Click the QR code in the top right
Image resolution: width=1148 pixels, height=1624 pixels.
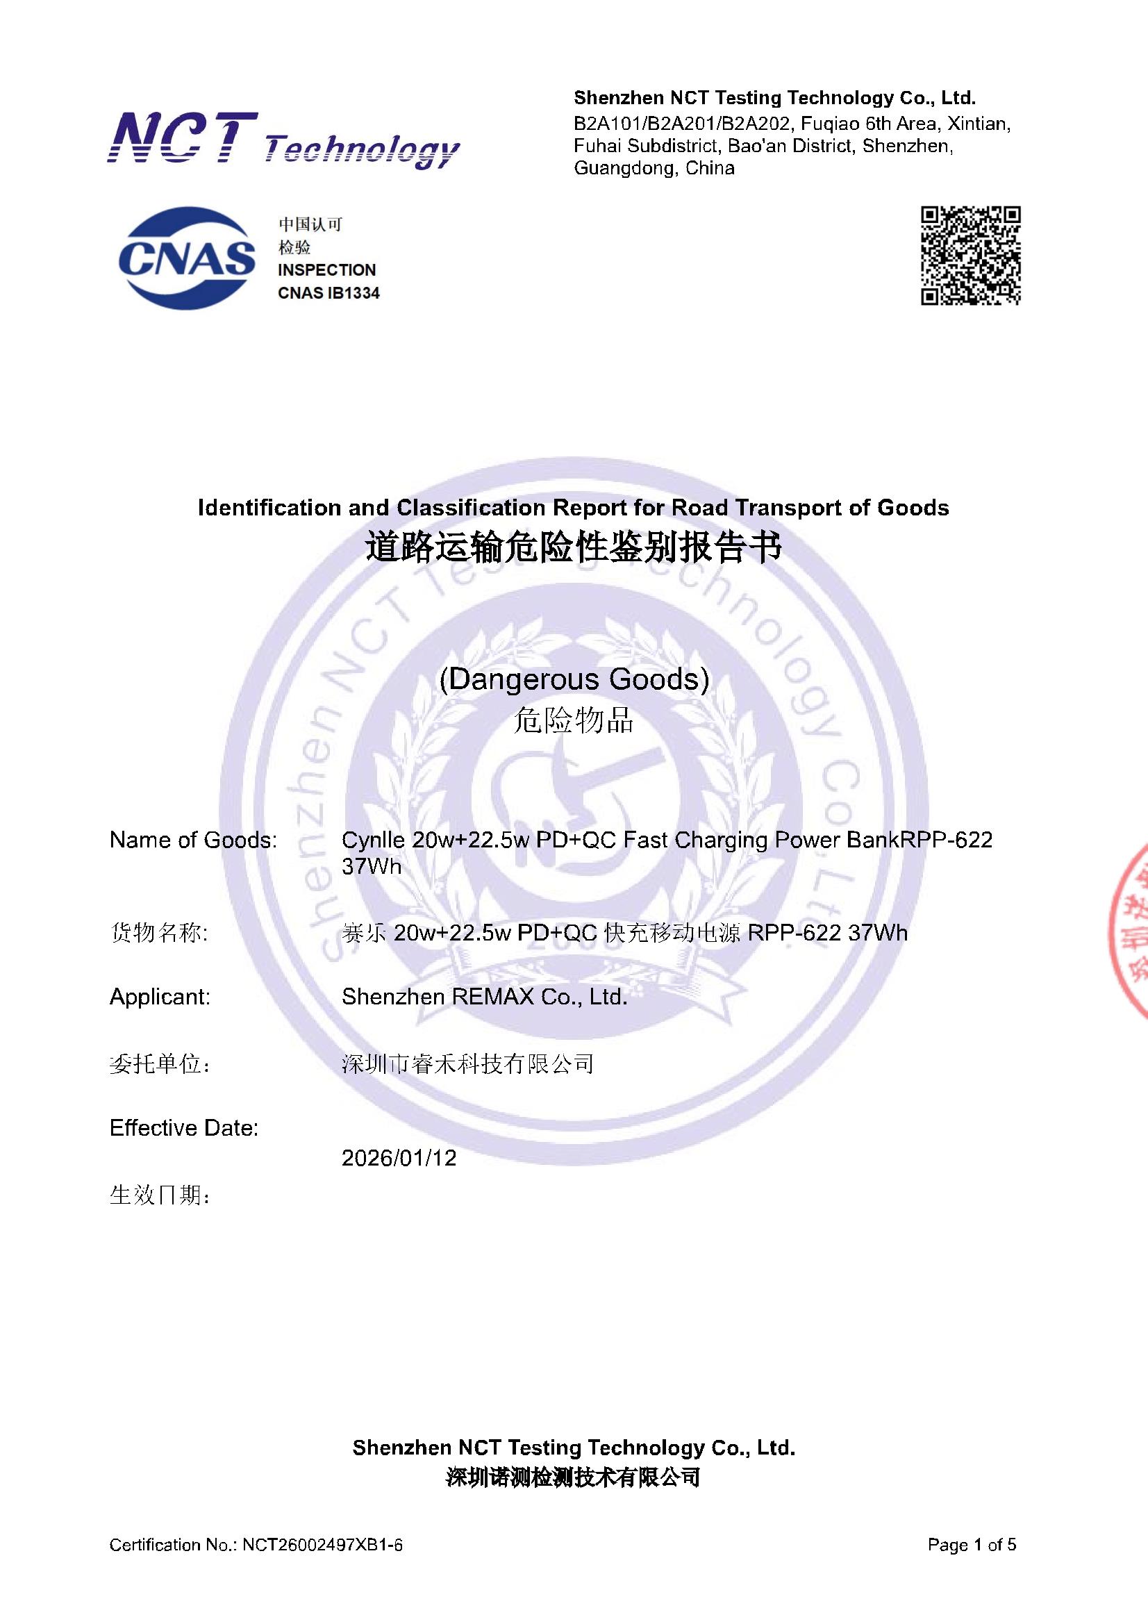970,256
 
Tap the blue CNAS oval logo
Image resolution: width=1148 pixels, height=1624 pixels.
187,258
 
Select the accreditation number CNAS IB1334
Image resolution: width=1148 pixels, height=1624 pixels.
329,293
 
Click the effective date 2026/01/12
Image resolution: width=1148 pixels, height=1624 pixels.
399,1158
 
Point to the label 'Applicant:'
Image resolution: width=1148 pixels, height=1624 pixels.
160,997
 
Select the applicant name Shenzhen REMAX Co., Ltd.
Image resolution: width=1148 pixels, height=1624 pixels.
485,997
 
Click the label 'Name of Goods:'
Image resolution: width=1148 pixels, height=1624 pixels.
193,840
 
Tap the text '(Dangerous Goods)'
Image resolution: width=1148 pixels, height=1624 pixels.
574,679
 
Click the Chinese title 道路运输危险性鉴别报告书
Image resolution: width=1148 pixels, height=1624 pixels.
574,548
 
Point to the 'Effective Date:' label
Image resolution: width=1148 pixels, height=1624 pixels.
184,1127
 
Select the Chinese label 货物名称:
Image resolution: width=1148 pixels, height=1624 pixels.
159,933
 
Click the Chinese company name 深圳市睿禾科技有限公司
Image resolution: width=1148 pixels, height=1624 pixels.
467,1064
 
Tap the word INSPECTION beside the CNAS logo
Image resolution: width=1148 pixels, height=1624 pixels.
327,270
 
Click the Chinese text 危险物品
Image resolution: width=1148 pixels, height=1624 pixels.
574,721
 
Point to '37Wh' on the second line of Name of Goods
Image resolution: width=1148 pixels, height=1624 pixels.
372,866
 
